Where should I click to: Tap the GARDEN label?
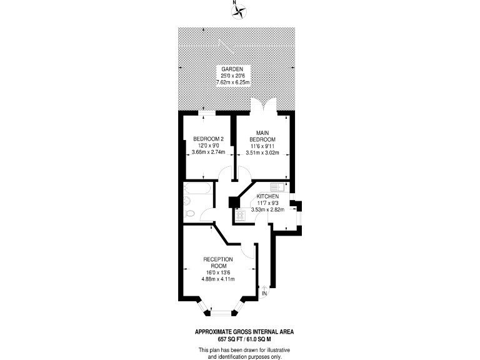point(232,69)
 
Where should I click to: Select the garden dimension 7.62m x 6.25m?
point(232,82)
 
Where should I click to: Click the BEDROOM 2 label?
point(208,139)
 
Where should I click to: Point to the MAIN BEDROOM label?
point(262,135)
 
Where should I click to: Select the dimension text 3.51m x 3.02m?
point(262,152)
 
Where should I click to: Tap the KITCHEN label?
point(267,196)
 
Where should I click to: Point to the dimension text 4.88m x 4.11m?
point(217,279)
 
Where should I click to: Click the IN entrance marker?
point(264,292)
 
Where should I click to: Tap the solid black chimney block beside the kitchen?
point(233,202)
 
